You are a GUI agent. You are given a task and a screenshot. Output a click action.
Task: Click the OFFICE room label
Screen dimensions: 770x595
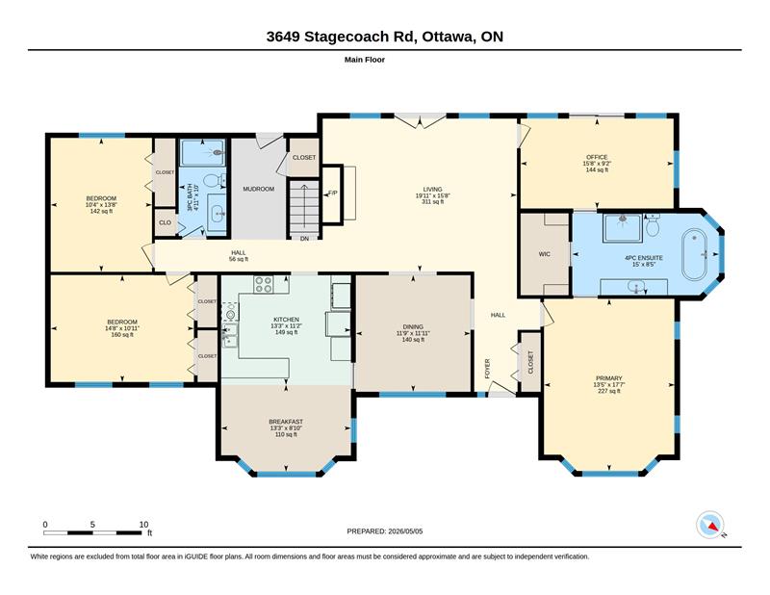(x=597, y=157)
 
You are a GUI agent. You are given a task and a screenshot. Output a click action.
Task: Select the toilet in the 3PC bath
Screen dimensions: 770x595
(x=213, y=180)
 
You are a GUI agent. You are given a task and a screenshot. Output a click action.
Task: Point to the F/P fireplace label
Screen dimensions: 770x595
(x=332, y=193)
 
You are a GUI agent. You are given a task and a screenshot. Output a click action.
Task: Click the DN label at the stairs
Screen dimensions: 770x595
(x=304, y=239)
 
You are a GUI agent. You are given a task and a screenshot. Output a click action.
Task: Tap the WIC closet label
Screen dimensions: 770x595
(x=544, y=254)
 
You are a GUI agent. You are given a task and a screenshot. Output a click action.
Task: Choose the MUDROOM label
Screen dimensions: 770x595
(x=258, y=189)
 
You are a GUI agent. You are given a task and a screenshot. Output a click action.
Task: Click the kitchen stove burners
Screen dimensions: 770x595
(x=263, y=284)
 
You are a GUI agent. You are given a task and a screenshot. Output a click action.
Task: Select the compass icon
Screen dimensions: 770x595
(x=710, y=525)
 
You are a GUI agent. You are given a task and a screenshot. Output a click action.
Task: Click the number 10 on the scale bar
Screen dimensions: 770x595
(x=143, y=525)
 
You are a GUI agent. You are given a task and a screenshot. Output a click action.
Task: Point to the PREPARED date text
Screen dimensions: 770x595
(x=384, y=531)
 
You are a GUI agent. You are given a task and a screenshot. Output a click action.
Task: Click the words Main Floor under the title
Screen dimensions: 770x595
(x=365, y=60)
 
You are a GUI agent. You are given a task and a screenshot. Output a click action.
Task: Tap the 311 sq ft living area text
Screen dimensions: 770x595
(x=432, y=201)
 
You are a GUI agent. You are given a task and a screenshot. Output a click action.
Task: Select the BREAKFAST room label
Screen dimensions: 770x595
(x=286, y=422)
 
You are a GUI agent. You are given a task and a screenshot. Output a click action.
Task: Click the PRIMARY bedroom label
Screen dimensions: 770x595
(x=609, y=378)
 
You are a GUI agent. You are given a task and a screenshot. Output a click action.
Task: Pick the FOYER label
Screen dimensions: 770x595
(x=488, y=368)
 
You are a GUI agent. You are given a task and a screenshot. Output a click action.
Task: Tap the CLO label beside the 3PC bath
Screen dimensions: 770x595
(x=165, y=222)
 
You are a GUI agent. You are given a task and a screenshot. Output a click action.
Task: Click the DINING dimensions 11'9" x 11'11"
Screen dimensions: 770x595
(x=413, y=333)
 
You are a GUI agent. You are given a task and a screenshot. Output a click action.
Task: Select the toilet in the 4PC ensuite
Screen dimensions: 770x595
(x=653, y=225)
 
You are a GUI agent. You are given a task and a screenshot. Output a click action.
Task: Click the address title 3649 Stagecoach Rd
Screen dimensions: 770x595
(x=342, y=37)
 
